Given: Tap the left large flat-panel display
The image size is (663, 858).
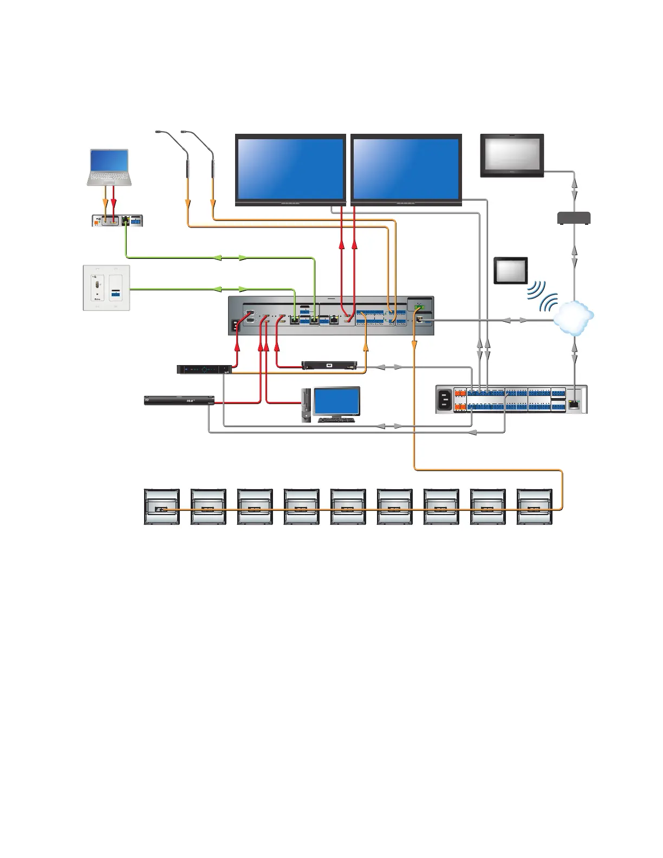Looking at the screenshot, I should [x=290, y=169].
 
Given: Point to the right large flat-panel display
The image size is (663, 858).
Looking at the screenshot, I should [x=406, y=169].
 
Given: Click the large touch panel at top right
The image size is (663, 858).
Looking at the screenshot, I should [x=512, y=155].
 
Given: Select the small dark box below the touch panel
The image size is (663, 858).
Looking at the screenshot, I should [x=574, y=218].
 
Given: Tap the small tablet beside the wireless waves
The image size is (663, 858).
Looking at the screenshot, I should [x=511, y=270].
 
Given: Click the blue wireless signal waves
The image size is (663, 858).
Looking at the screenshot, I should [x=542, y=296].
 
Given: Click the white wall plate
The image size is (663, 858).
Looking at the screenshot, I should [x=106, y=288].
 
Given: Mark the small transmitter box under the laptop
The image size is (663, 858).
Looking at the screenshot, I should [x=118, y=221].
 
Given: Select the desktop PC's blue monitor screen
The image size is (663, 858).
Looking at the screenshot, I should [x=336, y=401].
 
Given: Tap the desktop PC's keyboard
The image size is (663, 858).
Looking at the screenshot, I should [x=336, y=420].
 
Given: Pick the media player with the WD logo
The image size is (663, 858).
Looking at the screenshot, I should [x=329, y=365].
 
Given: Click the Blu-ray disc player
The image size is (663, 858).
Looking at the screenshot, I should [x=179, y=400].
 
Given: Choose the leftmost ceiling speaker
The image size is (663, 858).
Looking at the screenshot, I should [x=161, y=506].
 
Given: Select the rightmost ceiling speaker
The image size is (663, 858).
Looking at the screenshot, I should [x=534, y=506].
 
